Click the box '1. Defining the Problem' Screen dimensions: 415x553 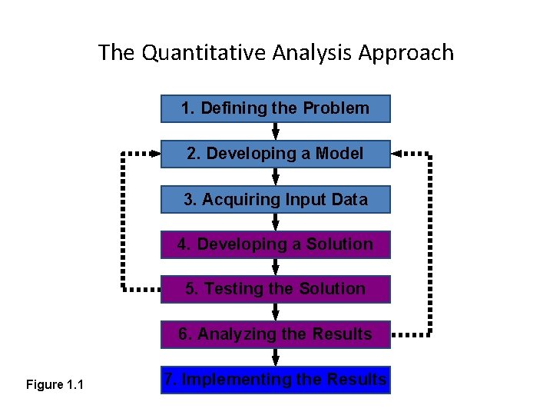click(275, 108)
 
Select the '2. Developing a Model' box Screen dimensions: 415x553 click(275, 154)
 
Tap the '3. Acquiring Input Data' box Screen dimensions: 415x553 click(275, 200)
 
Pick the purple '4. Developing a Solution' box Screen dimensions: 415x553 click(275, 244)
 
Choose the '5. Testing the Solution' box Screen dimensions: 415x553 click(275, 289)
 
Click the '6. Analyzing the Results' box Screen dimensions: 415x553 click(275, 334)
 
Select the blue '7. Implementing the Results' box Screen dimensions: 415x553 click(275, 380)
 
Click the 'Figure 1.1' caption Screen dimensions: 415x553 click(55, 384)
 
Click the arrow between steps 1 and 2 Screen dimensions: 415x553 click(276, 131)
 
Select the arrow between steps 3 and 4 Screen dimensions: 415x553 click(276, 222)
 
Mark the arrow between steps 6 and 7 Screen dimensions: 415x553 click(276, 357)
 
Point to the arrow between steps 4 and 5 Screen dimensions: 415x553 click(276, 267)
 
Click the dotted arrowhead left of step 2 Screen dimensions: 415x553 click(153, 154)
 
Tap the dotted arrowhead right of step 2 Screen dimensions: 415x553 click(399, 154)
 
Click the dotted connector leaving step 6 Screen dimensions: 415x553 click(411, 334)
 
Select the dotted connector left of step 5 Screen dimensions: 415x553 click(142, 290)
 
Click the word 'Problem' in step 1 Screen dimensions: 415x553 click(336, 108)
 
